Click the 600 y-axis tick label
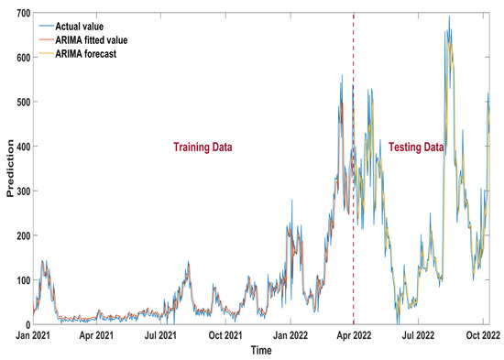click(x=18, y=57)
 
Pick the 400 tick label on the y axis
click(x=18, y=146)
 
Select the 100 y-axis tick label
click(x=18, y=279)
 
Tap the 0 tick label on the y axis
click(x=24, y=324)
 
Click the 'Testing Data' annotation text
click(x=415, y=147)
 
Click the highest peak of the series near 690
click(x=449, y=16)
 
